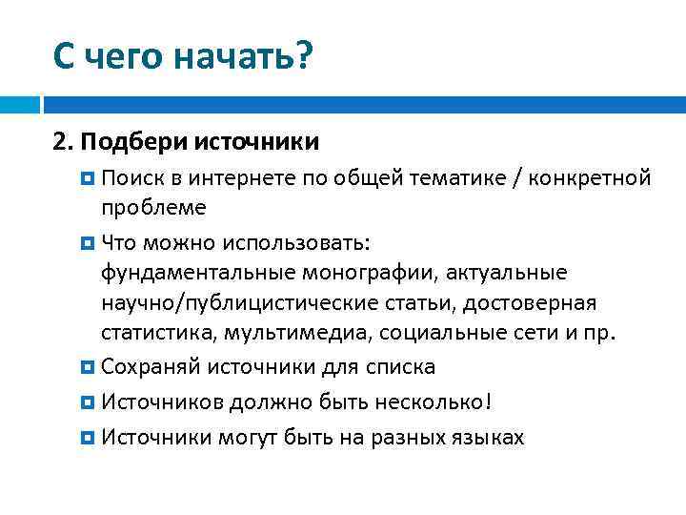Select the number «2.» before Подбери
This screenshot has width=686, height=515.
pos(65,142)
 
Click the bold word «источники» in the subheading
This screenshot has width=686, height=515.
pos(257,142)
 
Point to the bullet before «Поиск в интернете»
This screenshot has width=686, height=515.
pos(88,177)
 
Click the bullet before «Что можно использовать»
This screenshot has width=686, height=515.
pos(88,241)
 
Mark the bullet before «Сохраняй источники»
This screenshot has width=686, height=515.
pos(88,367)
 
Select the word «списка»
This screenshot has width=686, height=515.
pos(401,367)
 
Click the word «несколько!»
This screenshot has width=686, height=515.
pos(439,402)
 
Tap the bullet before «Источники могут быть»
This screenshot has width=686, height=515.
pos(88,437)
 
